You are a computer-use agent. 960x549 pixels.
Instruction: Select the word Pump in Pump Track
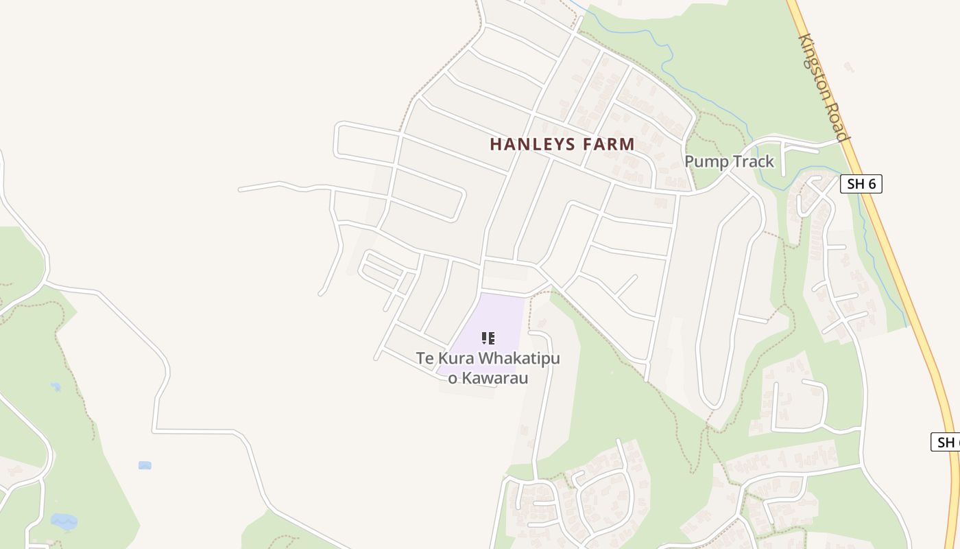(706, 162)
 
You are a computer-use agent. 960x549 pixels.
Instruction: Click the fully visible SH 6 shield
(861, 184)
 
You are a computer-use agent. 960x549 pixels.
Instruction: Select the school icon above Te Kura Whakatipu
(488, 338)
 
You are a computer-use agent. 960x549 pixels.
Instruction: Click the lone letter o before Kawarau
(453, 378)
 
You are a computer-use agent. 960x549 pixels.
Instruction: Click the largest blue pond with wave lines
(64, 522)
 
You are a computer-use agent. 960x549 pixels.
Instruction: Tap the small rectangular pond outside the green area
(145, 465)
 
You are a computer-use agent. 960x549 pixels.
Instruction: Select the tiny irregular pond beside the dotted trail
(56, 387)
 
